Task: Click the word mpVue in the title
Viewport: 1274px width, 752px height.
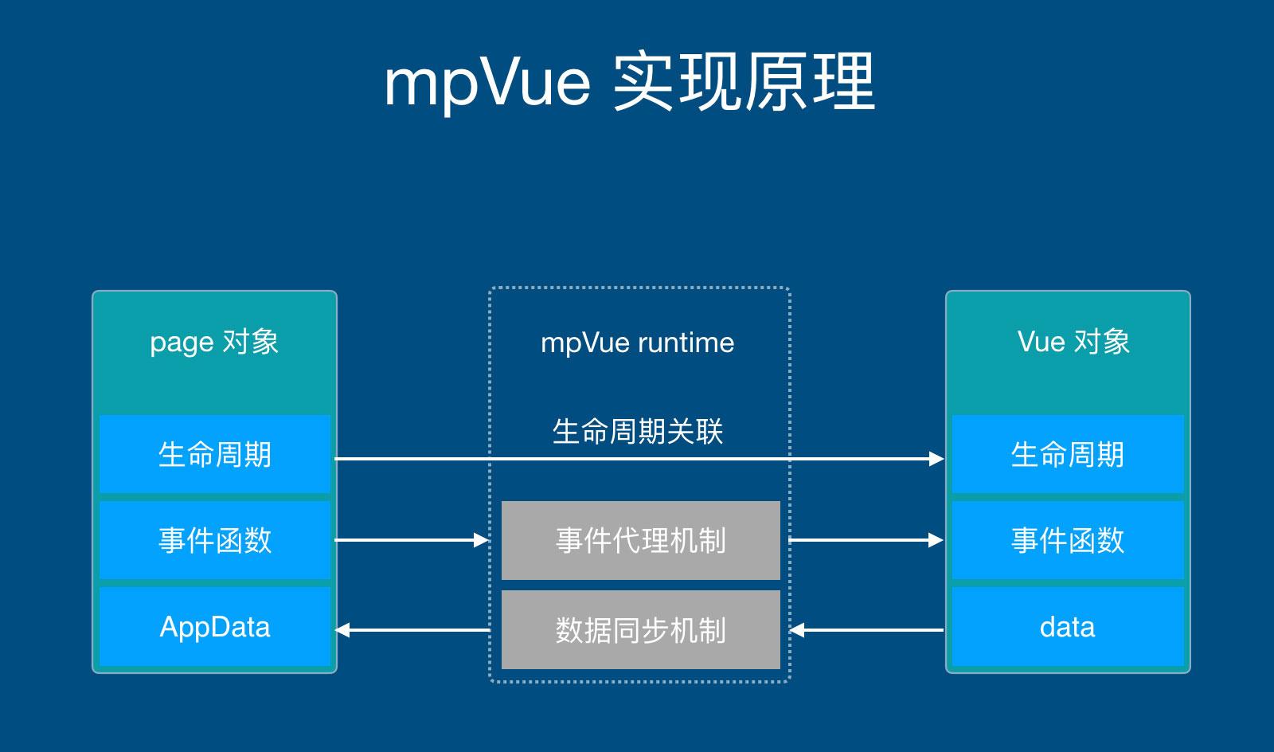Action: coord(487,83)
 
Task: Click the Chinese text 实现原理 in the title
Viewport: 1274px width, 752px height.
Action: coord(744,83)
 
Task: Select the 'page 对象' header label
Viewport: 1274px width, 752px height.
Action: coord(214,342)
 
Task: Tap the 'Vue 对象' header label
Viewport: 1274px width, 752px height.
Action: coord(1073,342)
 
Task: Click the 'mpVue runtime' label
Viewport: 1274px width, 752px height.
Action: coord(637,343)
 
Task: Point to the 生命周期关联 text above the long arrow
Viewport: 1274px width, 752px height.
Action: coord(637,432)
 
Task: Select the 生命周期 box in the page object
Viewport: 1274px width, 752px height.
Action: coord(214,454)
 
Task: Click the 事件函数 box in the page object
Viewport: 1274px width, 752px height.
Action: coord(214,540)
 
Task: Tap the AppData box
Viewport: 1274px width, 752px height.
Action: coord(214,627)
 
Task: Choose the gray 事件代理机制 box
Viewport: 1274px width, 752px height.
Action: coord(640,540)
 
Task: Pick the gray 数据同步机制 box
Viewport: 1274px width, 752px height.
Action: coord(640,630)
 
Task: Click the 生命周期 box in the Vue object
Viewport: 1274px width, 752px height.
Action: coord(1067,454)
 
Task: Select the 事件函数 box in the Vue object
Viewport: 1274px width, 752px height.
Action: coord(1067,540)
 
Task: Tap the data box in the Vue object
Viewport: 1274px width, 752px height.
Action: coord(1067,627)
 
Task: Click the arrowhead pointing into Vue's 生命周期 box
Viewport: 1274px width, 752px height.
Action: coord(936,458)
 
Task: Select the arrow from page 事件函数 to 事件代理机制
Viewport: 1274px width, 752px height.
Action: coord(411,540)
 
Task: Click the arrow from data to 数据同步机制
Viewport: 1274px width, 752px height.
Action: coord(866,630)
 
